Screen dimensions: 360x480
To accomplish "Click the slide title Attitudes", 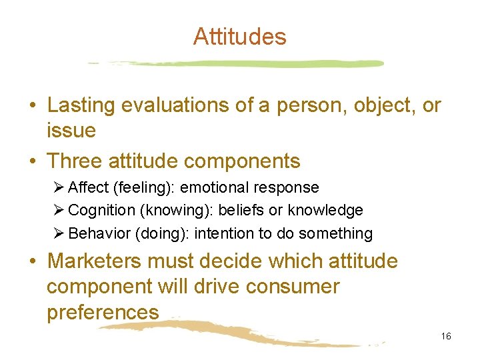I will click(x=239, y=37).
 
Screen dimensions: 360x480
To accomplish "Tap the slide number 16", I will click(x=446, y=336).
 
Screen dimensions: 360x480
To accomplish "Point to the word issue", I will click(x=71, y=131).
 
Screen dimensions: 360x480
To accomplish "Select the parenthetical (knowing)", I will click(x=170, y=211).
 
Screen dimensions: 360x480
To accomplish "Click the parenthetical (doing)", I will click(x=155, y=233).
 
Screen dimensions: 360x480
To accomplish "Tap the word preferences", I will click(x=103, y=312).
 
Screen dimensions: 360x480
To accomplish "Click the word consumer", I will click(x=292, y=287).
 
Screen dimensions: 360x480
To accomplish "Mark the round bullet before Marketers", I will click(x=32, y=261).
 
